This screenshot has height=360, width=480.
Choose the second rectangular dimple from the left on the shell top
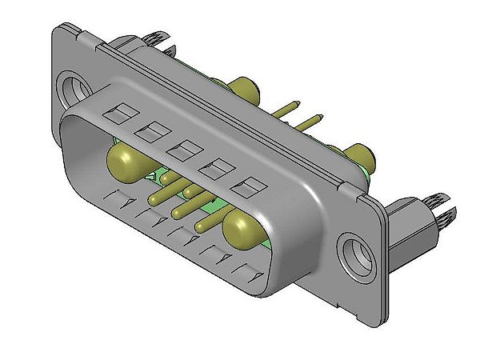click(150, 128)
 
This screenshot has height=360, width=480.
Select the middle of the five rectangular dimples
click(185, 148)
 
